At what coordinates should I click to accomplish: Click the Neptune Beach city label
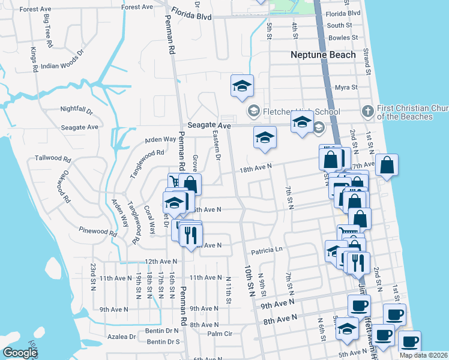(x=323, y=55)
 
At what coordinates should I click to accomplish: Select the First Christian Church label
(x=413, y=112)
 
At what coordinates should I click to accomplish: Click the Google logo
(x=20, y=352)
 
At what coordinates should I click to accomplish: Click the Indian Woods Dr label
(x=66, y=65)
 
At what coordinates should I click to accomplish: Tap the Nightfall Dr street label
(x=77, y=110)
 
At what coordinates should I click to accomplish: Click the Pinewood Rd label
(x=97, y=231)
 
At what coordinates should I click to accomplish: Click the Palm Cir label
(x=220, y=334)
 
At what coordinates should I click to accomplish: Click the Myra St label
(x=346, y=87)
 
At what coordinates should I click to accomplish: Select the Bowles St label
(x=343, y=38)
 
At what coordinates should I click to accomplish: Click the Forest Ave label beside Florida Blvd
(x=137, y=7)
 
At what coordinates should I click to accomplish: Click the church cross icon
(x=368, y=111)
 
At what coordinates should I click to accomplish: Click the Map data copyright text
(x=424, y=355)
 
